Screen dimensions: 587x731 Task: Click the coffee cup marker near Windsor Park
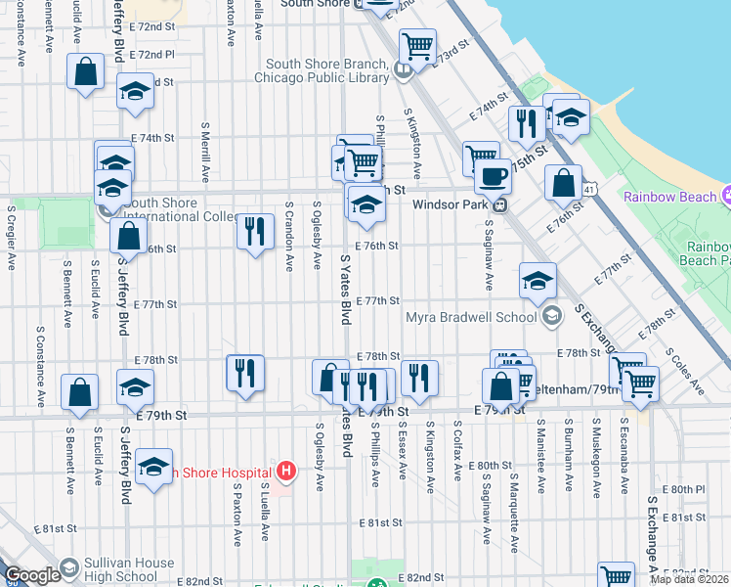click(x=493, y=177)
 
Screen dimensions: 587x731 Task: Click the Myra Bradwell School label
click(x=472, y=316)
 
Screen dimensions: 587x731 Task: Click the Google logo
click(x=32, y=575)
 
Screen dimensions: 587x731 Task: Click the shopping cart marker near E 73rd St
click(x=417, y=46)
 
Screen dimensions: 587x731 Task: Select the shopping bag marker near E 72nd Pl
click(x=85, y=71)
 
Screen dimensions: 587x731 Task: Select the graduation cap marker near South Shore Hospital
click(x=153, y=469)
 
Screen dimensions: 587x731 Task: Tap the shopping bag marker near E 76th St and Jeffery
click(x=128, y=236)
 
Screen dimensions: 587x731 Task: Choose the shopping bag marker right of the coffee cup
click(x=563, y=183)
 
